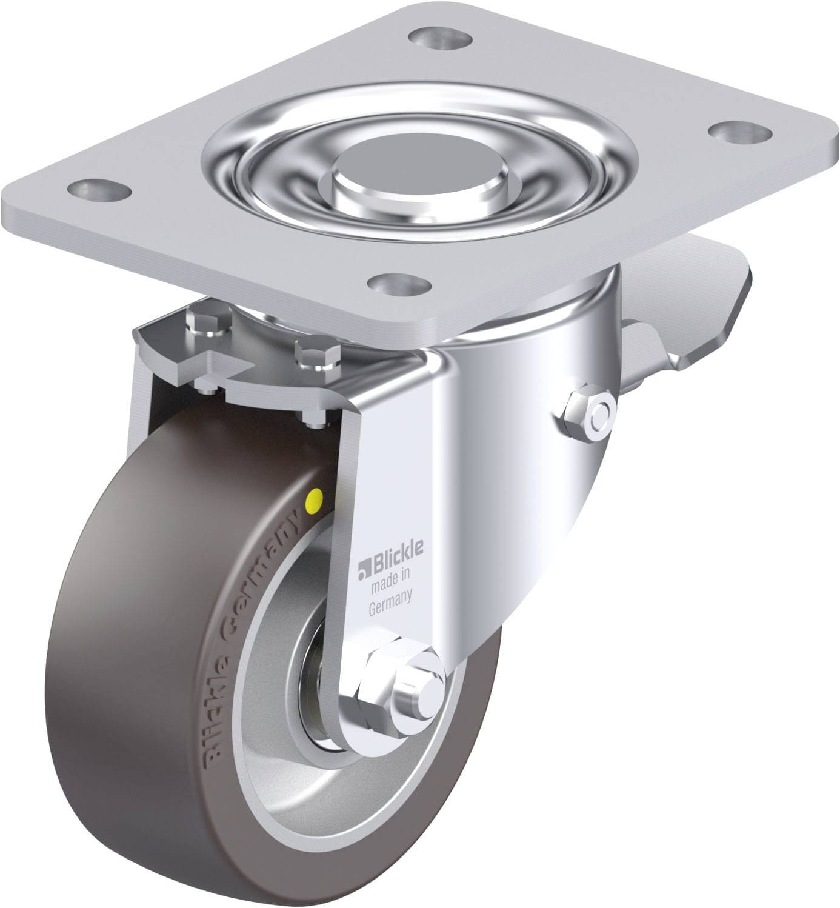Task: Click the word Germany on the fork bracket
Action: [391, 595]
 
